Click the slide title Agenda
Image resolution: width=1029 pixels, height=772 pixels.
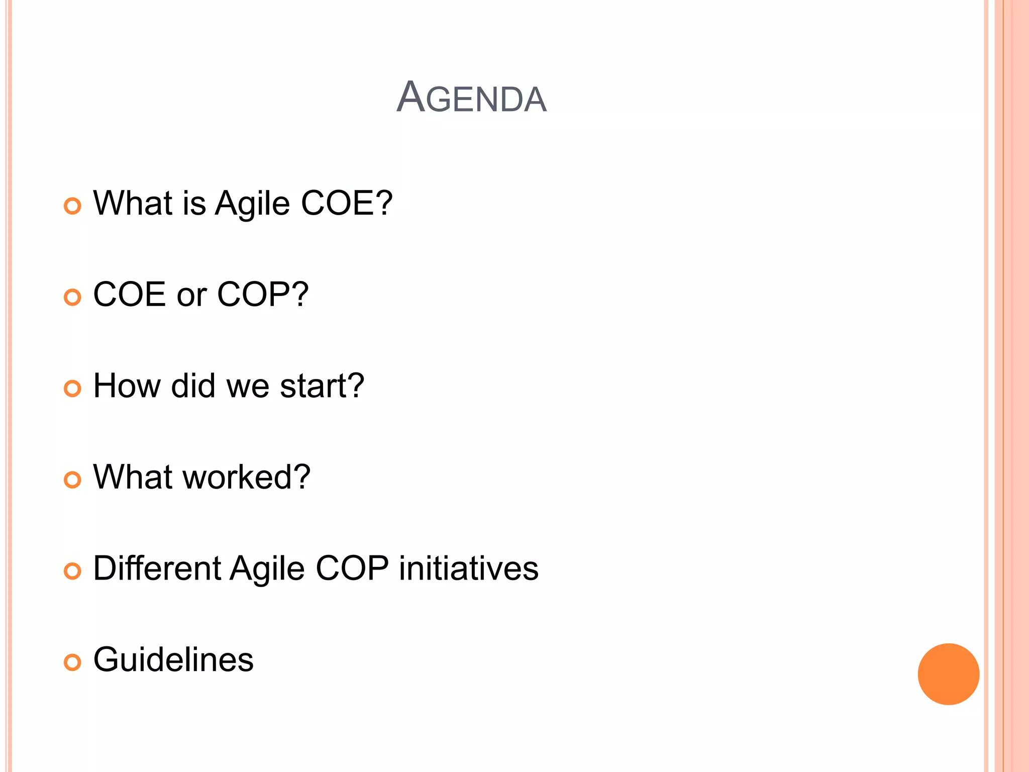tap(471, 97)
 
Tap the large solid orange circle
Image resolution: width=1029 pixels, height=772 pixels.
tap(948, 674)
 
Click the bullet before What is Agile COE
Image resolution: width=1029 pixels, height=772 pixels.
tap(72, 206)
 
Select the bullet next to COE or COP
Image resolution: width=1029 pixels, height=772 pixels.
tap(72, 298)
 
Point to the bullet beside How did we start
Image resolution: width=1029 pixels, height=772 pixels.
tap(72, 389)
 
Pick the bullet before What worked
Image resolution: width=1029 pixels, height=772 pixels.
tap(72, 480)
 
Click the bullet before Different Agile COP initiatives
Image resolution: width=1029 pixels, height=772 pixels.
tap(72, 571)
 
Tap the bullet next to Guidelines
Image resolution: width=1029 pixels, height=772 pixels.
tap(72, 662)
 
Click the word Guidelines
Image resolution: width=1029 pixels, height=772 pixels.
tap(173, 659)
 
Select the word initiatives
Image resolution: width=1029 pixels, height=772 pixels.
tap(468, 568)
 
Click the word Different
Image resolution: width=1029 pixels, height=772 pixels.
tap(157, 568)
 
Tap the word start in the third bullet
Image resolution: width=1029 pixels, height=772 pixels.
tap(322, 386)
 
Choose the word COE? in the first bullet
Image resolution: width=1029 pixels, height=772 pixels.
tap(347, 204)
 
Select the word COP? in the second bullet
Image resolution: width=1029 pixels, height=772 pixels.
tap(263, 295)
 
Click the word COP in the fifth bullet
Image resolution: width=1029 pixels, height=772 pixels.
tap(352, 568)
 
